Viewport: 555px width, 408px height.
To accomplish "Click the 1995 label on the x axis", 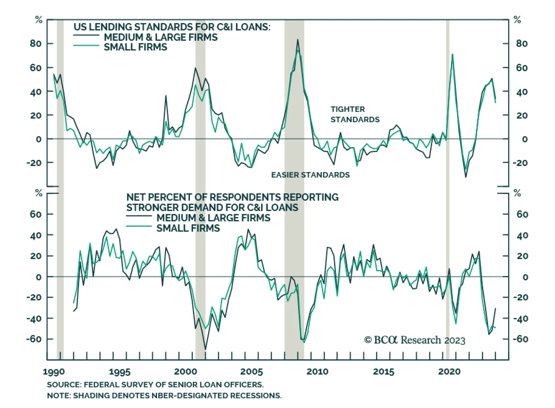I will tap(120, 372).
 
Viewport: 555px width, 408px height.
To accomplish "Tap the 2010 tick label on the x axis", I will tap(317, 372).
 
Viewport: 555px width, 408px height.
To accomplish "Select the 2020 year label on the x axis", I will tap(450, 372).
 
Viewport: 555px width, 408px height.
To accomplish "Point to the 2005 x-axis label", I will tap(251, 372).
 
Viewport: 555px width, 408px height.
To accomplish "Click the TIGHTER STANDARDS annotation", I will tap(355, 114).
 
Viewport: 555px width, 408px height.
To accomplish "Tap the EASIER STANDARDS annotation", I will tap(310, 175).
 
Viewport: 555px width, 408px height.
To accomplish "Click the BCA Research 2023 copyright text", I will tap(415, 340).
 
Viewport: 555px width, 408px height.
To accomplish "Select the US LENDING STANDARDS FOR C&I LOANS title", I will tap(172, 27).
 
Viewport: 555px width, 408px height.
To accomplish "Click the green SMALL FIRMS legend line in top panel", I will tap(86, 45).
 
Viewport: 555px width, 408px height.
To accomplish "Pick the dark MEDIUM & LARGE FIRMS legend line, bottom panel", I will tap(139, 216).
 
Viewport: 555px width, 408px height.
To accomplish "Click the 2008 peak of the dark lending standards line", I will tap(298, 40).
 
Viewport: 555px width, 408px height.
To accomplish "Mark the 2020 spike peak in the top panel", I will tap(452, 54).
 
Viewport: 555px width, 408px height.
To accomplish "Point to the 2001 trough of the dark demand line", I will tap(205, 349).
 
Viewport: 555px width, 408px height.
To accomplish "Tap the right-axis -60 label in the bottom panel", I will tap(520, 339).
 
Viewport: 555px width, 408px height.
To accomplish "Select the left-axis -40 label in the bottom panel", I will tap(34, 318).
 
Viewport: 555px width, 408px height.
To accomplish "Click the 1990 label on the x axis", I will tap(54, 372).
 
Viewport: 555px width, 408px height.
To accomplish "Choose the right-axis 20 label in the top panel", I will tap(522, 115).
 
